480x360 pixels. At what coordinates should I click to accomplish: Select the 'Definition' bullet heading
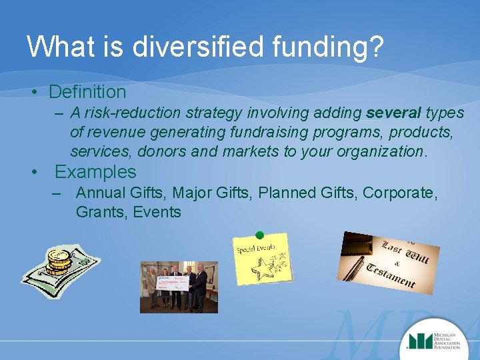(x=87, y=91)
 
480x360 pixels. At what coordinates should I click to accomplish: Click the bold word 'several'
(x=393, y=113)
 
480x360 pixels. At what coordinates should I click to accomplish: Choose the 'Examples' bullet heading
(x=95, y=172)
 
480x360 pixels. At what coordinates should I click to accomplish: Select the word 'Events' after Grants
(x=157, y=213)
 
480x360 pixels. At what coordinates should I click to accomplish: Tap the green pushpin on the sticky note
(x=259, y=235)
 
